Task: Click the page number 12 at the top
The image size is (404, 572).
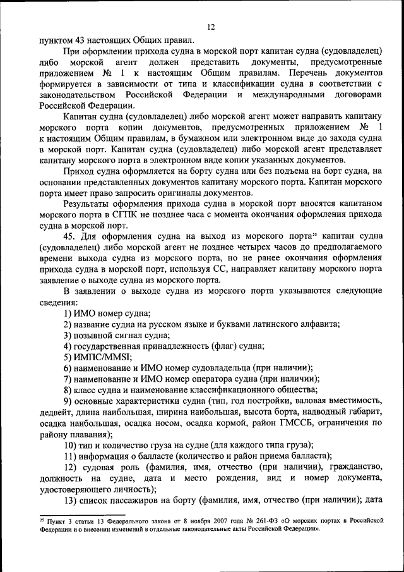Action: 211,26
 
